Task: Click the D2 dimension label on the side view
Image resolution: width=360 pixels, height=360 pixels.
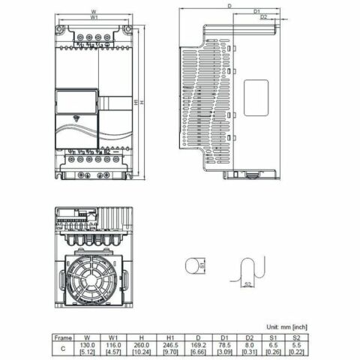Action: pyautogui.click(x=263, y=16)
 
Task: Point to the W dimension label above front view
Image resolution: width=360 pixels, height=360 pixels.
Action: pyautogui.click(x=94, y=11)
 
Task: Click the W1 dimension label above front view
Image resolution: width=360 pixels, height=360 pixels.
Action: pyautogui.click(x=94, y=17)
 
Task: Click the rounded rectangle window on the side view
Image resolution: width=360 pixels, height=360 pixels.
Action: pyautogui.click(x=257, y=97)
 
